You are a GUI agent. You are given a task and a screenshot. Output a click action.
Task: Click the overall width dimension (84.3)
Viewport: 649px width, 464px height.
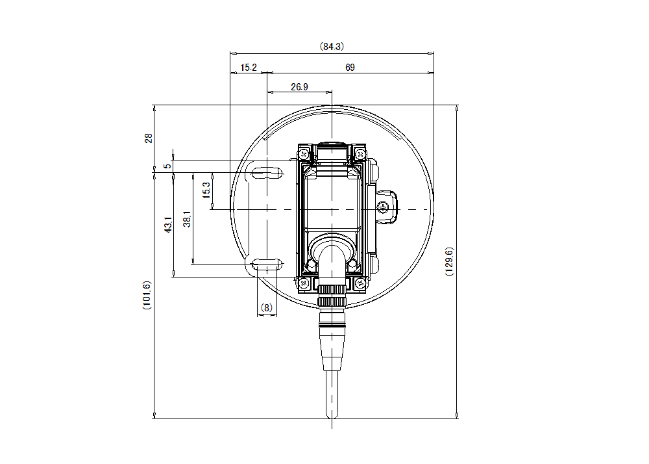tap(332, 46)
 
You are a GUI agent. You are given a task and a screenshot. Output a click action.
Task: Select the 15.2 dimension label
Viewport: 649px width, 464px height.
tap(249, 68)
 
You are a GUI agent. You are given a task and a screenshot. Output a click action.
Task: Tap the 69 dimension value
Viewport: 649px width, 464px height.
tap(350, 68)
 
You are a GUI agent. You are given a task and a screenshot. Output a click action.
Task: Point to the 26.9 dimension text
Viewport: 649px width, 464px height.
tap(299, 86)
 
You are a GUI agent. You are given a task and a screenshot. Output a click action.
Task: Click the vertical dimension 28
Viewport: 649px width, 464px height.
tap(148, 138)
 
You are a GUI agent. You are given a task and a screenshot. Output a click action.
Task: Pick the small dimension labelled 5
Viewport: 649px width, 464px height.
tap(167, 166)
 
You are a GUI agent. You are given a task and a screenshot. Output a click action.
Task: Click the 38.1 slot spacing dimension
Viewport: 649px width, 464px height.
tap(187, 219)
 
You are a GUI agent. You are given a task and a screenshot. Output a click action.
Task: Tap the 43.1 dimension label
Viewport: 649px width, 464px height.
tap(167, 225)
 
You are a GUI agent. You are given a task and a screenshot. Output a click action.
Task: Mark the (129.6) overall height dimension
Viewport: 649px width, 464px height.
tap(449, 262)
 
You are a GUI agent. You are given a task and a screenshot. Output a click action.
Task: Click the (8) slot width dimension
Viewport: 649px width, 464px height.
tap(267, 307)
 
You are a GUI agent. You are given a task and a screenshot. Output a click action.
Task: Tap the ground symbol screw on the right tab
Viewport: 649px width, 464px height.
tap(382, 207)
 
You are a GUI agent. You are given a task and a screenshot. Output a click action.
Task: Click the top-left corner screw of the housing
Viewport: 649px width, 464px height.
tap(303, 154)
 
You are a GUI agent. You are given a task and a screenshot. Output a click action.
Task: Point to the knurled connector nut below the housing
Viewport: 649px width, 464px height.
tap(332, 296)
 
